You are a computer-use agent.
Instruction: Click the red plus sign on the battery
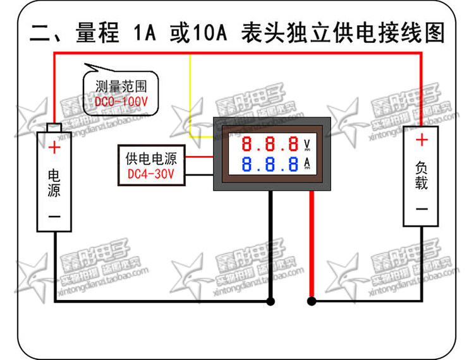[x=55, y=148]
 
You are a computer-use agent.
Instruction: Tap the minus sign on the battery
[x=55, y=215]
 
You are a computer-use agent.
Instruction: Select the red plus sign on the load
[x=422, y=140]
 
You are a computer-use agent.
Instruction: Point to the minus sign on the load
[x=422, y=209]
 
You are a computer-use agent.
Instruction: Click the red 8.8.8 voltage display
[x=270, y=143]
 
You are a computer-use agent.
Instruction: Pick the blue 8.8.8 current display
[x=270, y=165]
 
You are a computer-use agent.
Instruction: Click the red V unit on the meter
[x=307, y=143]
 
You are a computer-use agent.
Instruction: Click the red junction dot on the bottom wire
[x=311, y=301]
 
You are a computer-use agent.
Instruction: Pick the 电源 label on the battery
[x=55, y=181]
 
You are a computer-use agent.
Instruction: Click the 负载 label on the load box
[x=422, y=174]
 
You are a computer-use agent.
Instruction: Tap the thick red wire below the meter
[x=311, y=246]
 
